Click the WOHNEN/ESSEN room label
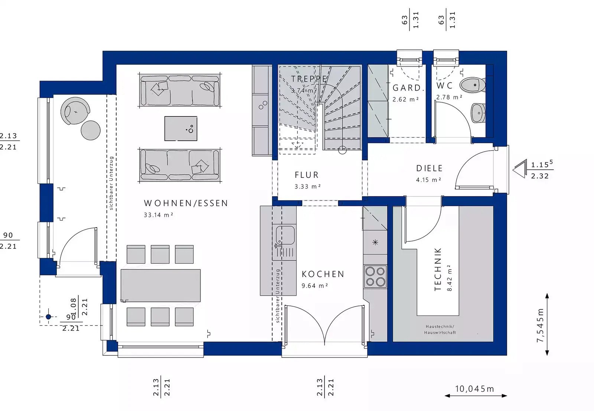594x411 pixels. coord(186,203)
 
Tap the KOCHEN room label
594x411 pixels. coord(323,274)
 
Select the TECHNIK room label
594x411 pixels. coord(438,269)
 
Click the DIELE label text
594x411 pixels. coord(429,168)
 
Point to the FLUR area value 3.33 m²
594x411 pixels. coord(307,186)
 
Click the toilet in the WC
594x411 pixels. coord(472,85)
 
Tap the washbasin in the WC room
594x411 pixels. coord(478,113)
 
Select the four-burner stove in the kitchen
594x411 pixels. coord(375,277)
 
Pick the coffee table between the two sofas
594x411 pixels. coord(181,128)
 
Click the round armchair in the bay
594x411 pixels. coord(76,111)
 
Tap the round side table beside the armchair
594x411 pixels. coord(91,130)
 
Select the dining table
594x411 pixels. coord(160,286)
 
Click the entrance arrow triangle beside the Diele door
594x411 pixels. coord(520,169)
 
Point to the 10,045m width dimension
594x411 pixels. coord(474,389)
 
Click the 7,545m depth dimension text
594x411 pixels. coord(540,325)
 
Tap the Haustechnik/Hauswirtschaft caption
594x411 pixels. coord(440,329)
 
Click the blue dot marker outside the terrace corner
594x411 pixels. coord(48,317)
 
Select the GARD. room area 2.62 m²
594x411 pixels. coord(405,100)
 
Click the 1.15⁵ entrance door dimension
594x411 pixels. coord(541,164)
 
